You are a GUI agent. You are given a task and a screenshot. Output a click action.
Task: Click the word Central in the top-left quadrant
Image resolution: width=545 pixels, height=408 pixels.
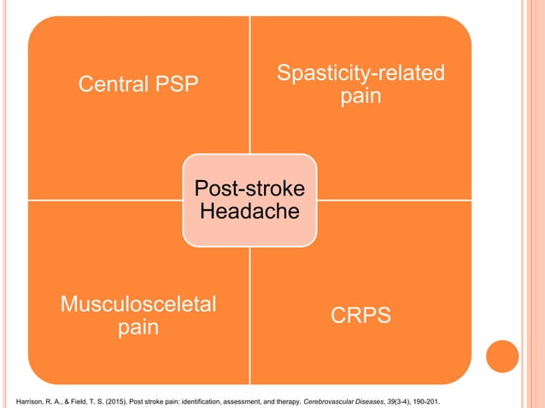coord(110,85)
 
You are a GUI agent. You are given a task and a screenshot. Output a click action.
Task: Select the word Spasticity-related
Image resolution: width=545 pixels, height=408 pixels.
coord(360,73)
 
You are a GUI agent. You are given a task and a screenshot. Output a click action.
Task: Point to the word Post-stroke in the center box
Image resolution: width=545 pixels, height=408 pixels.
coord(249,187)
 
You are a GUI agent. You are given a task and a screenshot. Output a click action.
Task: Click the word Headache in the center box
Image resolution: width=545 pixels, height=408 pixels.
coord(249,210)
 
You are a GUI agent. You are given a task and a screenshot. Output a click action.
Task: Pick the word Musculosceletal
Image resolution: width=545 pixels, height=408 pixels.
coord(138,304)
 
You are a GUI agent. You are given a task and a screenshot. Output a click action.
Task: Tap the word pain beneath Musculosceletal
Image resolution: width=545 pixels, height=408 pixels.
coord(138,327)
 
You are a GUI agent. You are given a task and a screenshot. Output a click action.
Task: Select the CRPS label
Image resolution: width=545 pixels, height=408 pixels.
coord(360,316)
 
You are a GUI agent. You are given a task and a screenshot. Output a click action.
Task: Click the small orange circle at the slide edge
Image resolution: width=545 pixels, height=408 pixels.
coord(501,356)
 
